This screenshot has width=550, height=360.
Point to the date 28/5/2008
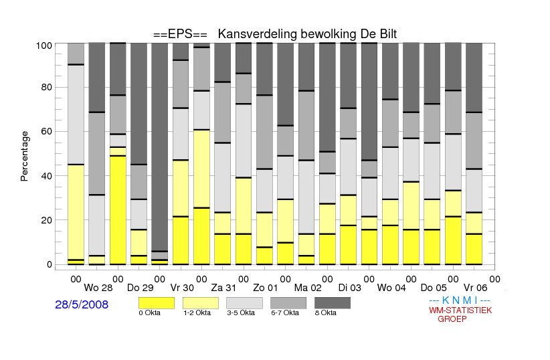tap(82, 304)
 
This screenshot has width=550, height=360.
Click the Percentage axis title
tap(24, 156)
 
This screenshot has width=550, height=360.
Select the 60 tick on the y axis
tap(47, 132)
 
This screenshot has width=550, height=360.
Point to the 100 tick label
tap(44, 46)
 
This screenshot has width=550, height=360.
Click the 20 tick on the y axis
tap(47, 220)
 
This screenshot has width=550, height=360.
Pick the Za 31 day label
tap(223, 288)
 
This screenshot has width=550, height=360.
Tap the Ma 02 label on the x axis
tap(308, 288)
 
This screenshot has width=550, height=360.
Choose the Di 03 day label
tap(350, 288)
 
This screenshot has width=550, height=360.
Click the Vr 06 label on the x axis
tap(475, 288)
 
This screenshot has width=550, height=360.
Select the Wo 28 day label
tap(98, 288)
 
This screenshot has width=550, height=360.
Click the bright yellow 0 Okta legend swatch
tap(157, 303)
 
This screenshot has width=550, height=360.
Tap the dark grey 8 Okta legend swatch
tap(333, 303)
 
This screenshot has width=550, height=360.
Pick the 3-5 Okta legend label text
tap(241, 313)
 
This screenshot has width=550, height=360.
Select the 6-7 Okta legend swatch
tap(288, 303)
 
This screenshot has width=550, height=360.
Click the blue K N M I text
tap(460, 300)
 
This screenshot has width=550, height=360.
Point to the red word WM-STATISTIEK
tap(460, 310)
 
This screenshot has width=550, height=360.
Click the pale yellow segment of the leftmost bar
tap(76, 212)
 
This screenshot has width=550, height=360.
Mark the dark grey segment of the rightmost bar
tap(474, 78)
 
